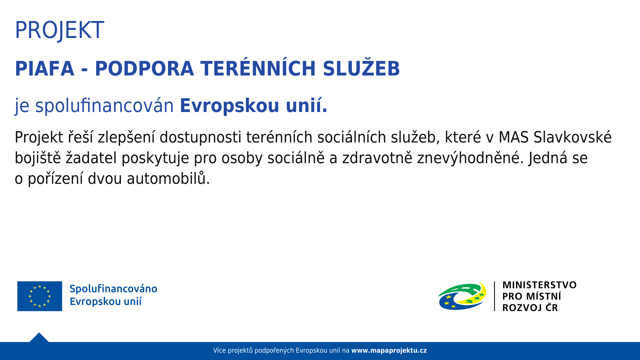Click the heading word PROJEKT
point(59,30)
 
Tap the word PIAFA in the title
point(45,69)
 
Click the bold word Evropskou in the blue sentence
point(229,106)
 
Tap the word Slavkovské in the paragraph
point(572,137)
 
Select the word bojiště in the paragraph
point(38,158)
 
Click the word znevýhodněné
point(468,158)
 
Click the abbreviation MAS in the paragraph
point(513,137)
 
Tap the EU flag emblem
point(40,296)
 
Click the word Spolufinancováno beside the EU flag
point(113,289)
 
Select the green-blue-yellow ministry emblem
point(462,296)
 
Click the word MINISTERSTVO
point(539,285)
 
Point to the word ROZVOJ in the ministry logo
point(522,308)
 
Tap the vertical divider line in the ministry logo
point(494,296)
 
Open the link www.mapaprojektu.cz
point(389,350)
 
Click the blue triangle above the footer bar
point(39,338)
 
